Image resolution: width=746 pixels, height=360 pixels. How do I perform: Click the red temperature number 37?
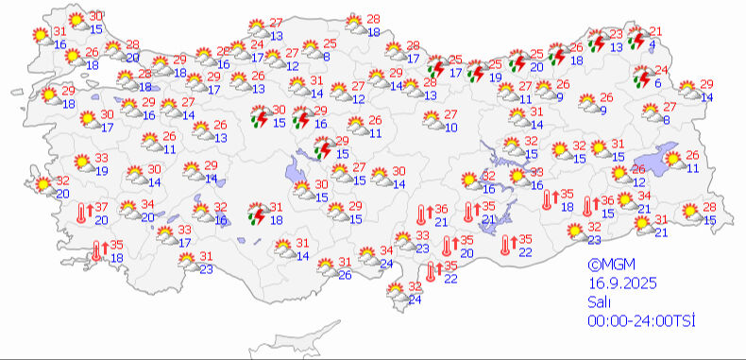point(100,208)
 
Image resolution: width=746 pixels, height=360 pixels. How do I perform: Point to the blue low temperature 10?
point(451,127)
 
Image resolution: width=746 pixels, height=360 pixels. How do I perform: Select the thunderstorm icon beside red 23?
point(597,40)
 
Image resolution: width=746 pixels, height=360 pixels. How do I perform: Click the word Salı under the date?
point(596,302)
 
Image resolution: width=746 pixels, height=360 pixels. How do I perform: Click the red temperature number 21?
point(656,31)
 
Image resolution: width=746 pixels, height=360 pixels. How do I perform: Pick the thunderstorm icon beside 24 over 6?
point(641,76)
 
